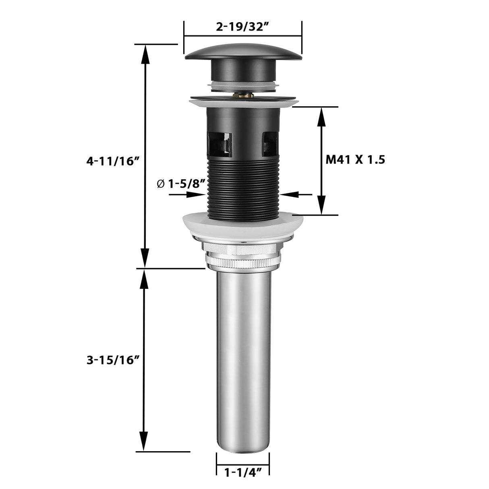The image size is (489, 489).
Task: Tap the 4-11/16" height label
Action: point(113,161)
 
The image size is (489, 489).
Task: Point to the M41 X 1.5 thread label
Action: point(355,160)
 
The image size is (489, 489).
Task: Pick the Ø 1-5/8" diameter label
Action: point(181,184)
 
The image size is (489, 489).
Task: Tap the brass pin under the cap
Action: point(243,95)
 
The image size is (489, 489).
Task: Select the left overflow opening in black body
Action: point(220,144)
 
